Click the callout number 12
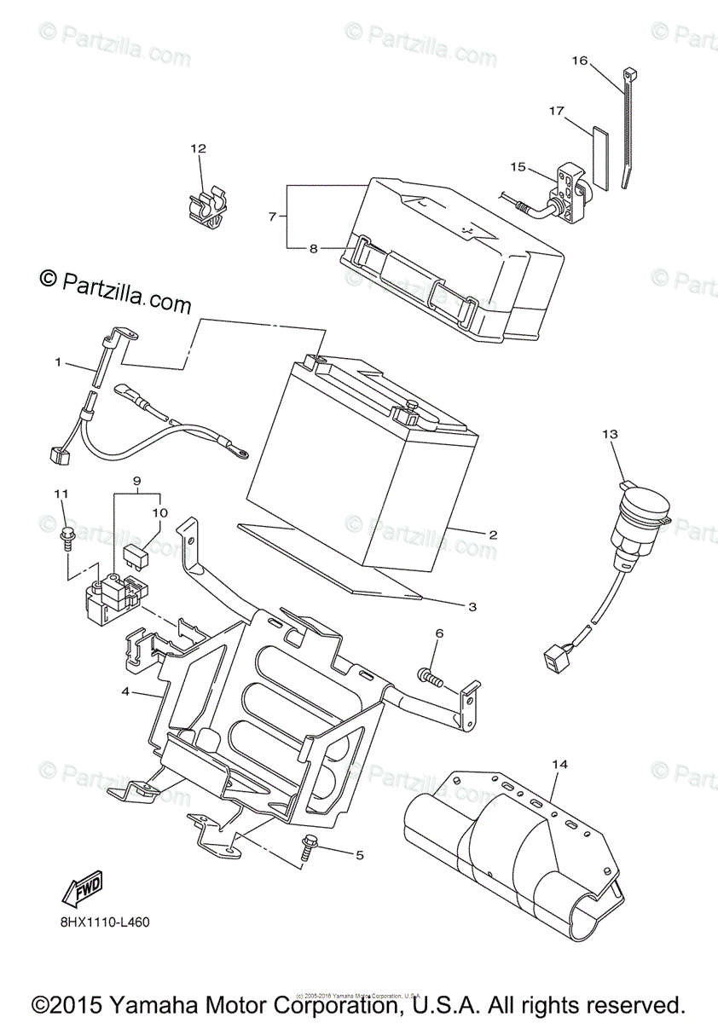pyautogui.click(x=198, y=149)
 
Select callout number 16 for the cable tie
pyautogui.click(x=580, y=61)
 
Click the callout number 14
pyautogui.click(x=559, y=765)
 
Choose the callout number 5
pyautogui.click(x=359, y=854)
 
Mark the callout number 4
pyautogui.click(x=126, y=692)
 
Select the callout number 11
pyautogui.click(x=61, y=494)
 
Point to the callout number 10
pyautogui.click(x=160, y=513)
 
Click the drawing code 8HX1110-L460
pyautogui.click(x=112, y=923)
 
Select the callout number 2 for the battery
pyautogui.click(x=492, y=535)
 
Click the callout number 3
pyautogui.click(x=472, y=607)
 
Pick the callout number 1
pyautogui.click(x=58, y=362)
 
